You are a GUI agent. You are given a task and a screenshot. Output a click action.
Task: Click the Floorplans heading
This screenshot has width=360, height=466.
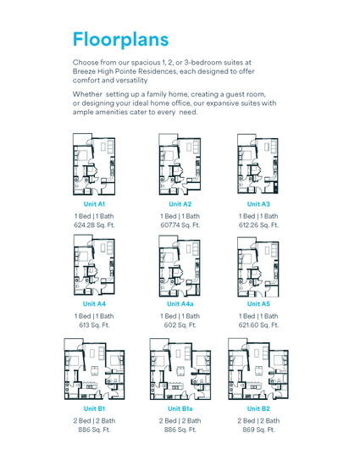tap(120, 39)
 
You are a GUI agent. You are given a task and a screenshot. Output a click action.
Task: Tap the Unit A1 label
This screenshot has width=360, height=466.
tap(94, 204)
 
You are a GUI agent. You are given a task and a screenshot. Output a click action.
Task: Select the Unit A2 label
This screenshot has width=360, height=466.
tap(180, 204)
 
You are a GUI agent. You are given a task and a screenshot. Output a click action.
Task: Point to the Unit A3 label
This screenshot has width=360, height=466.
tap(258, 204)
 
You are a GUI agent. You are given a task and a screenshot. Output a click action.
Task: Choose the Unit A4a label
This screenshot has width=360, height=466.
tap(180, 304)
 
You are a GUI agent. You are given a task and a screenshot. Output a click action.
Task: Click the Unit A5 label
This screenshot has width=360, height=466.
tap(258, 304)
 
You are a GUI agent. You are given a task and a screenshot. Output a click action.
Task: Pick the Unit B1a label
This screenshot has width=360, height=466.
tap(180, 409)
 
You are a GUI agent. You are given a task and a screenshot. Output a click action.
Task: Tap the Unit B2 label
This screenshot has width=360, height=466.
tap(258, 409)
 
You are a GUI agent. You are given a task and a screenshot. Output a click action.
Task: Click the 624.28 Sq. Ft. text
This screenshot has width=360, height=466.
tap(94, 225)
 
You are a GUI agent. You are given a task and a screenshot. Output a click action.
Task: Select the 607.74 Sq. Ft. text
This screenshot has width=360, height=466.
tap(180, 225)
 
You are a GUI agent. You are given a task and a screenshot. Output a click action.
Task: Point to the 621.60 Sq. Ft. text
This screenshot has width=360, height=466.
tap(258, 325)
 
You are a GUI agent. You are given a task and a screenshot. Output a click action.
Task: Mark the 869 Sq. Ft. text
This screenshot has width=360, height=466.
tap(258, 430)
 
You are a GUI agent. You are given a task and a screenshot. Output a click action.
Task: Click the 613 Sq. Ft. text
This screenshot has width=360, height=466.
tap(94, 325)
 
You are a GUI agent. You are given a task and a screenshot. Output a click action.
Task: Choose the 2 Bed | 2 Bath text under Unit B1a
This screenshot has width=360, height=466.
tap(180, 421)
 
